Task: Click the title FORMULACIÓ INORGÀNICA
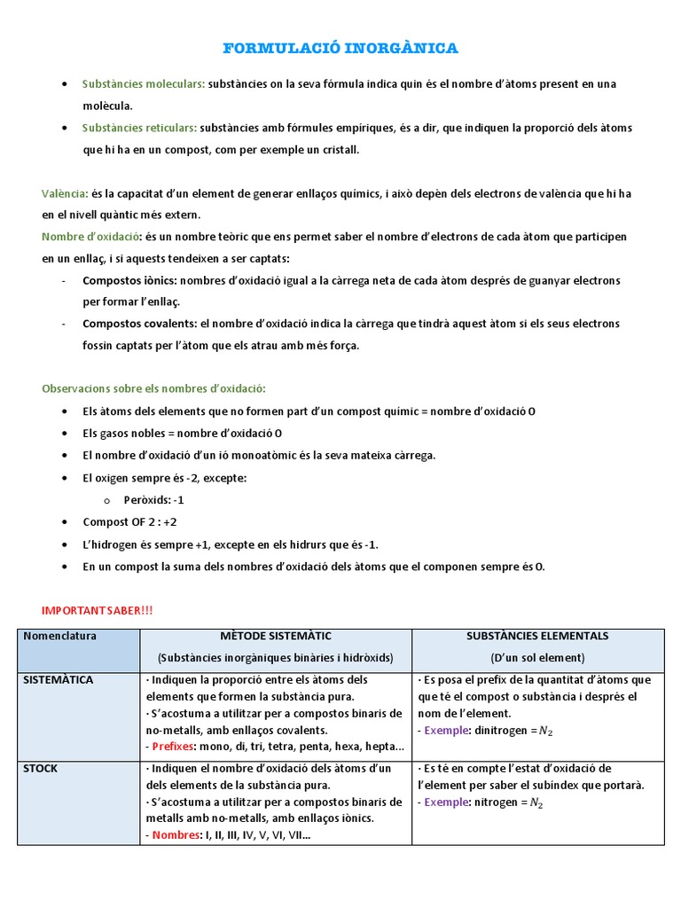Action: point(340,47)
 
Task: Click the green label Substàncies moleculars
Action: point(143,84)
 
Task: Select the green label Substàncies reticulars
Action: point(139,129)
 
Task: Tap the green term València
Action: point(64,193)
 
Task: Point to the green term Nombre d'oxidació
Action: point(91,237)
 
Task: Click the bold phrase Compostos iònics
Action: point(129,280)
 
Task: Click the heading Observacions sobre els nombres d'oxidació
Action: point(153,389)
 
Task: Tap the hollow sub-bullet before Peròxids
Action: point(107,500)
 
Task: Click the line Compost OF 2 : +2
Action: point(123,522)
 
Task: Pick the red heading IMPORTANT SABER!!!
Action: point(98,611)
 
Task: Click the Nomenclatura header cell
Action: point(60,637)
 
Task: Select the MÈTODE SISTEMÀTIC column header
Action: point(275,637)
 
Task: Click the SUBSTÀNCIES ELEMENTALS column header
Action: point(537,637)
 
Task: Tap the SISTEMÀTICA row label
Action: point(59,680)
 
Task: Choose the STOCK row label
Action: point(41,769)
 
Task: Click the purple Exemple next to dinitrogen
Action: point(445,731)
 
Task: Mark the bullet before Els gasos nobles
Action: point(66,434)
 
